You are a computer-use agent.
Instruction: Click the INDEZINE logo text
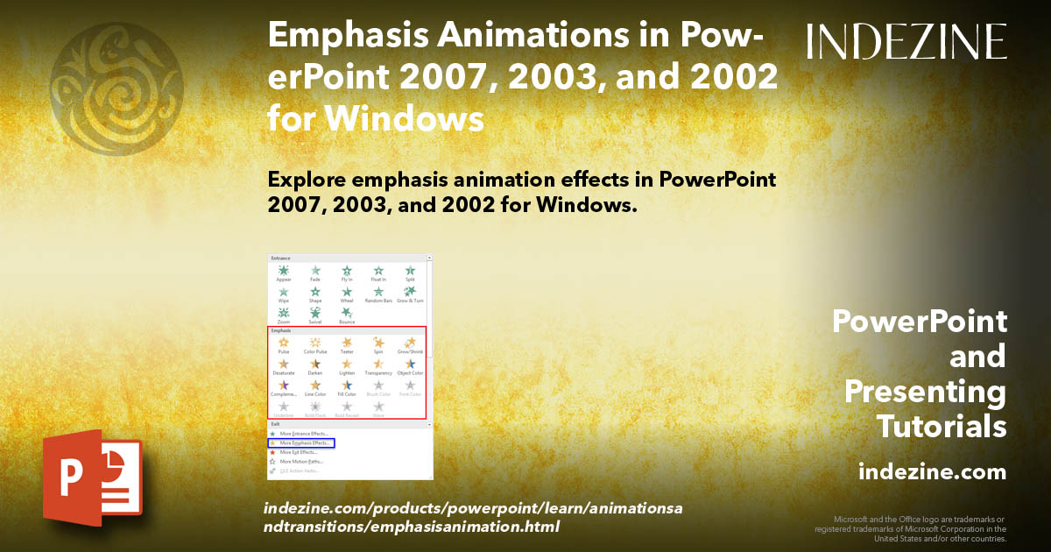906,41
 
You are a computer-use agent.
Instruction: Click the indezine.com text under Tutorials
932,472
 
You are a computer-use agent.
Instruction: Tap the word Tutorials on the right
942,427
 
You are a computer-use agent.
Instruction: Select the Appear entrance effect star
284,272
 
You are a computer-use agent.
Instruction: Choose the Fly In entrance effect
347,272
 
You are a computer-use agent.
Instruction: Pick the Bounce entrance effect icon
347,313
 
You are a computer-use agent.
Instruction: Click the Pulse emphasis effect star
284,343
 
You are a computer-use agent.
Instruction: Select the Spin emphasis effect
378,343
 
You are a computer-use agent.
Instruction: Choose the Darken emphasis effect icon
315,364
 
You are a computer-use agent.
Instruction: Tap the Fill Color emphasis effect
347,386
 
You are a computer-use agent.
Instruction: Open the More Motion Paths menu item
301,461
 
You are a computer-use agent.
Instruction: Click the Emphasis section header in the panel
281,331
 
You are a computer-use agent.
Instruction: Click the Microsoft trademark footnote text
911,529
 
